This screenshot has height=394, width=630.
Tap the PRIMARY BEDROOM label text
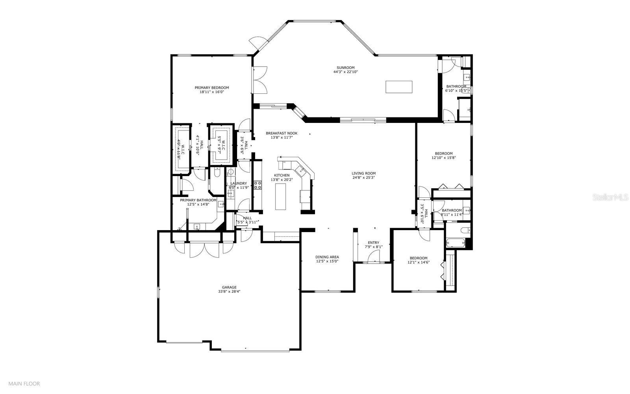pyautogui.click(x=211, y=88)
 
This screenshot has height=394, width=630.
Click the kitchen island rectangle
pyautogui.click(x=281, y=197)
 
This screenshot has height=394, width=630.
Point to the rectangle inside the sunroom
pyautogui.click(x=399, y=87)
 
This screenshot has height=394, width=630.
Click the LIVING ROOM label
pyautogui.click(x=363, y=173)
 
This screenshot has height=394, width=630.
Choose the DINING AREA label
pyautogui.click(x=327, y=257)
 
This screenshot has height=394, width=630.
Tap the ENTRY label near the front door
pyautogui.click(x=373, y=243)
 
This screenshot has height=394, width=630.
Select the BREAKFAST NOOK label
pyautogui.click(x=281, y=133)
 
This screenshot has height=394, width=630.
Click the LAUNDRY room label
pyautogui.click(x=239, y=183)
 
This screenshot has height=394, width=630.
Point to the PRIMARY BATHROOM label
pyautogui.click(x=198, y=200)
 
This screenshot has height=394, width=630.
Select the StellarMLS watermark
pyautogui.click(x=610, y=197)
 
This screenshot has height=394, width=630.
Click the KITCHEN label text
pyautogui.click(x=282, y=175)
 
